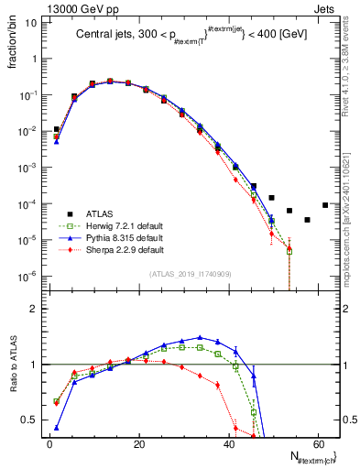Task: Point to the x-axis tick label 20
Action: (139, 444)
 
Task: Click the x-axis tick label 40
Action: (229, 444)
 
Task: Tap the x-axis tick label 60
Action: (318, 444)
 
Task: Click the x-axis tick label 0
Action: (49, 444)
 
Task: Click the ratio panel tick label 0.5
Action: (29, 420)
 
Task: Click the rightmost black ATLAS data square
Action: (325, 205)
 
